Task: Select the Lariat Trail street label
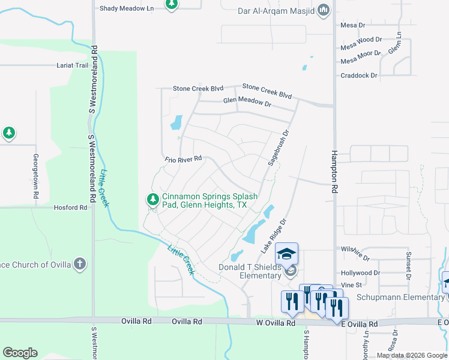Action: (73, 65)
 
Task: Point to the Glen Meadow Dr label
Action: (247, 102)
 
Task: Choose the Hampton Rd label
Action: (334, 170)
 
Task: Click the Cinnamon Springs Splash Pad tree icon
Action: (153, 199)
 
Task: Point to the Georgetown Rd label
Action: (35, 176)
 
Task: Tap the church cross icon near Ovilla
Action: (79, 264)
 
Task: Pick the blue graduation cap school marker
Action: (286, 254)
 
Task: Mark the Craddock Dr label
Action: (359, 76)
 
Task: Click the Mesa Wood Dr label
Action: (361, 40)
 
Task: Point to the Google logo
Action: (20, 353)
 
